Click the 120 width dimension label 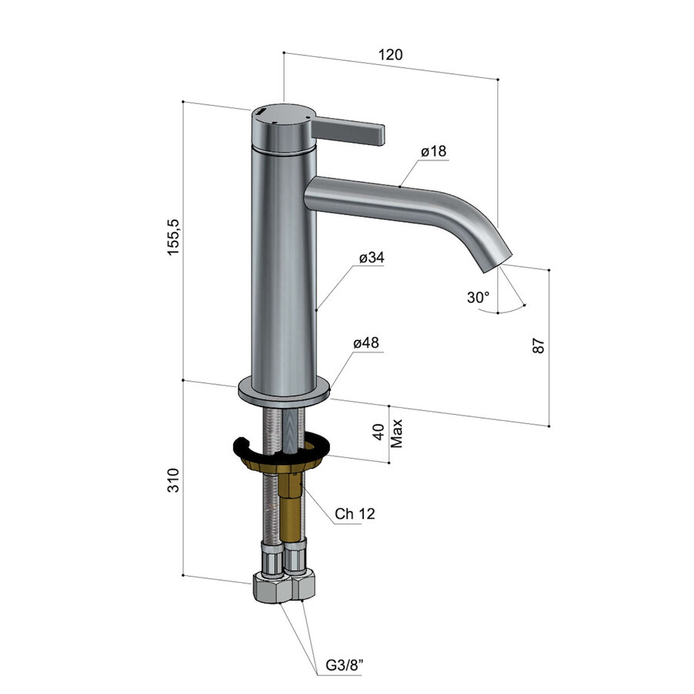391,55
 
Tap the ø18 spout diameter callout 434,152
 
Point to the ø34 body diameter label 371,258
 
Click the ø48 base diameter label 366,343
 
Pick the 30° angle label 477,298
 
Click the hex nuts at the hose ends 283,587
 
